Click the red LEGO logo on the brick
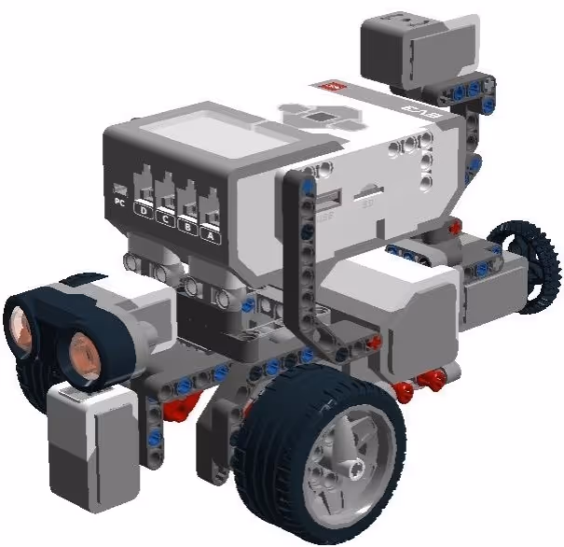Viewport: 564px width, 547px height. pyautogui.click(x=332, y=88)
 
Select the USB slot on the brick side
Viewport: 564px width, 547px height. pyautogui.click(x=327, y=200)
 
